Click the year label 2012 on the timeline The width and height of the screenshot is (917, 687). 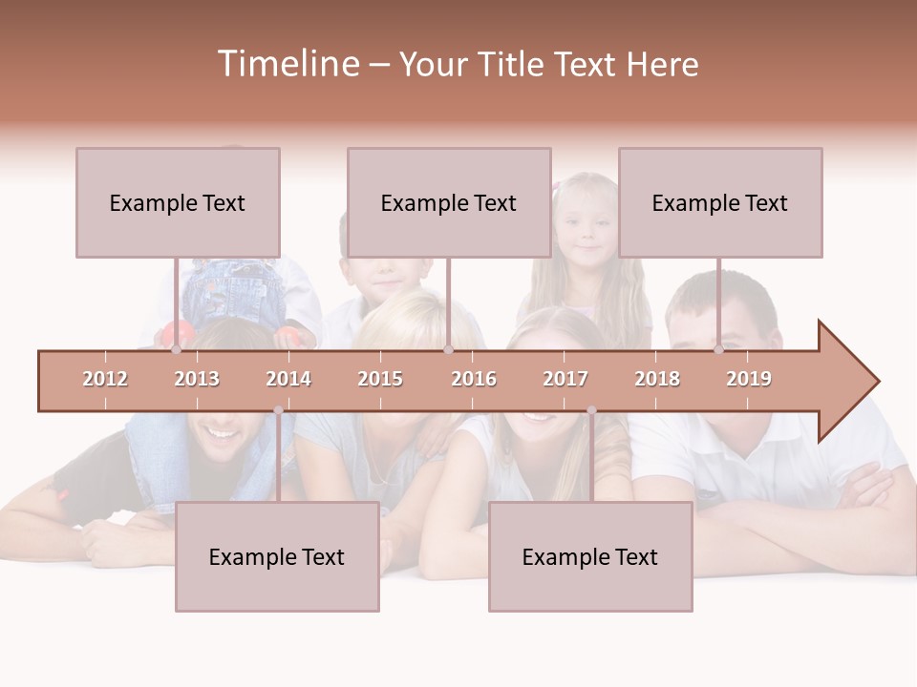click(x=105, y=379)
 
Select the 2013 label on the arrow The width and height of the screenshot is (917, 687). click(x=197, y=379)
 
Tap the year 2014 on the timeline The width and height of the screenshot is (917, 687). click(x=288, y=379)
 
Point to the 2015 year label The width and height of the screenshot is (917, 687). click(x=380, y=379)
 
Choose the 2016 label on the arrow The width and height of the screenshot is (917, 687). click(x=474, y=379)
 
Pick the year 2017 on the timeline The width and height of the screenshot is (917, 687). click(x=565, y=379)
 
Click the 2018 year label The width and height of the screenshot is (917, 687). click(x=657, y=379)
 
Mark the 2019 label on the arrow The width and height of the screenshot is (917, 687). click(x=749, y=379)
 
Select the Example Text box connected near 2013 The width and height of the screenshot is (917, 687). click(x=178, y=202)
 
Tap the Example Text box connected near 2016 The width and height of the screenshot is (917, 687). click(x=449, y=202)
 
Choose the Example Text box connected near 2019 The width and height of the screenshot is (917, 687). click(x=720, y=202)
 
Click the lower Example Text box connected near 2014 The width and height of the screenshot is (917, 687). click(x=277, y=556)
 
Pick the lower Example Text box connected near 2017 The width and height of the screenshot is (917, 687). click(x=590, y=556)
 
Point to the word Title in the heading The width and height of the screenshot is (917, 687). click(x=512, y=64)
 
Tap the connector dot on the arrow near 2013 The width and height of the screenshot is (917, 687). click(x=176, y=350)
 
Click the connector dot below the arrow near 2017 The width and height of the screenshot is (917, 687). click(x=591, y=410)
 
